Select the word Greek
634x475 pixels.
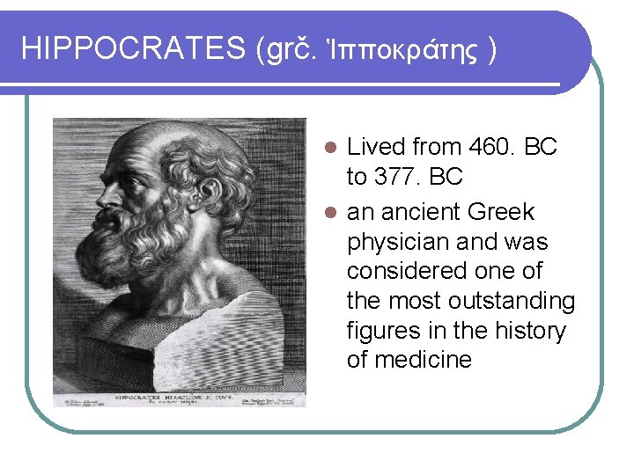pos(501,212)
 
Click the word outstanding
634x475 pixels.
pos(512,301)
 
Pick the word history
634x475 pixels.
pos(527,330)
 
